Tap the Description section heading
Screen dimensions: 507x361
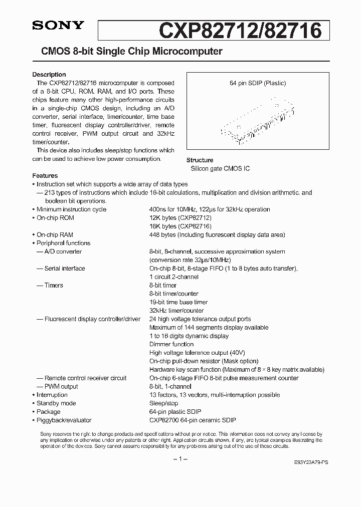click(x=49, y=75)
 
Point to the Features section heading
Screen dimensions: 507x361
click(x=45, y=176)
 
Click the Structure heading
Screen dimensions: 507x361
click(x=200, y=160)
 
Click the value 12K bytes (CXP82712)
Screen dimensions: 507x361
click(x=180, y=218)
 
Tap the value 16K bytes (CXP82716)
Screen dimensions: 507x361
click(x=180, y=226)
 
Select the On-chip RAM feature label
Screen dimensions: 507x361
click(x=55, y=235)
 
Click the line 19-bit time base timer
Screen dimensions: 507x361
click(x=178, y=302)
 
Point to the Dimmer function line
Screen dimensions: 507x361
click(x=171, y=344)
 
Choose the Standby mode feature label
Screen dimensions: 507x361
click(x=56, y=403)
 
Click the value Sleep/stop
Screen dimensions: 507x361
click(x=163, y=403)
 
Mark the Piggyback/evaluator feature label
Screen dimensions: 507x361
click(x=64, y=420)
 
